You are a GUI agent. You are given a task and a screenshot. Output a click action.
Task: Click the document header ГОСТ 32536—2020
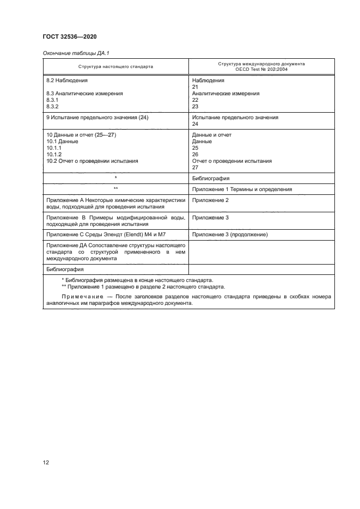tap(70, 36)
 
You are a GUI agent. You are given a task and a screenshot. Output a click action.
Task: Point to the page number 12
tap(46, 462)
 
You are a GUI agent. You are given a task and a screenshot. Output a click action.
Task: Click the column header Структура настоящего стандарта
tap(115, 67)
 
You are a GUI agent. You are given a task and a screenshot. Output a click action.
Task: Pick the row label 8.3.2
tap(53, 107)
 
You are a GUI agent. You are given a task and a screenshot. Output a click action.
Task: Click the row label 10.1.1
tap(54, 148)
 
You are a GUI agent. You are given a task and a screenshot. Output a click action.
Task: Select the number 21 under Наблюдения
tap(196, 87)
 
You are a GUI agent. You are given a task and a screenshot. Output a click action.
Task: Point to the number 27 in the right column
tap(196, 167)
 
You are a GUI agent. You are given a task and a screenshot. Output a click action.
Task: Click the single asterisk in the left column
tap(115, 178)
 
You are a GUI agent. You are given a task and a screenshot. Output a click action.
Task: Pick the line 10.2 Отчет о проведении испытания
tap(92, 161)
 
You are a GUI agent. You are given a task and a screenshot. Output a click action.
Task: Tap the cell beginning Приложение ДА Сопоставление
tap(115, 252)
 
